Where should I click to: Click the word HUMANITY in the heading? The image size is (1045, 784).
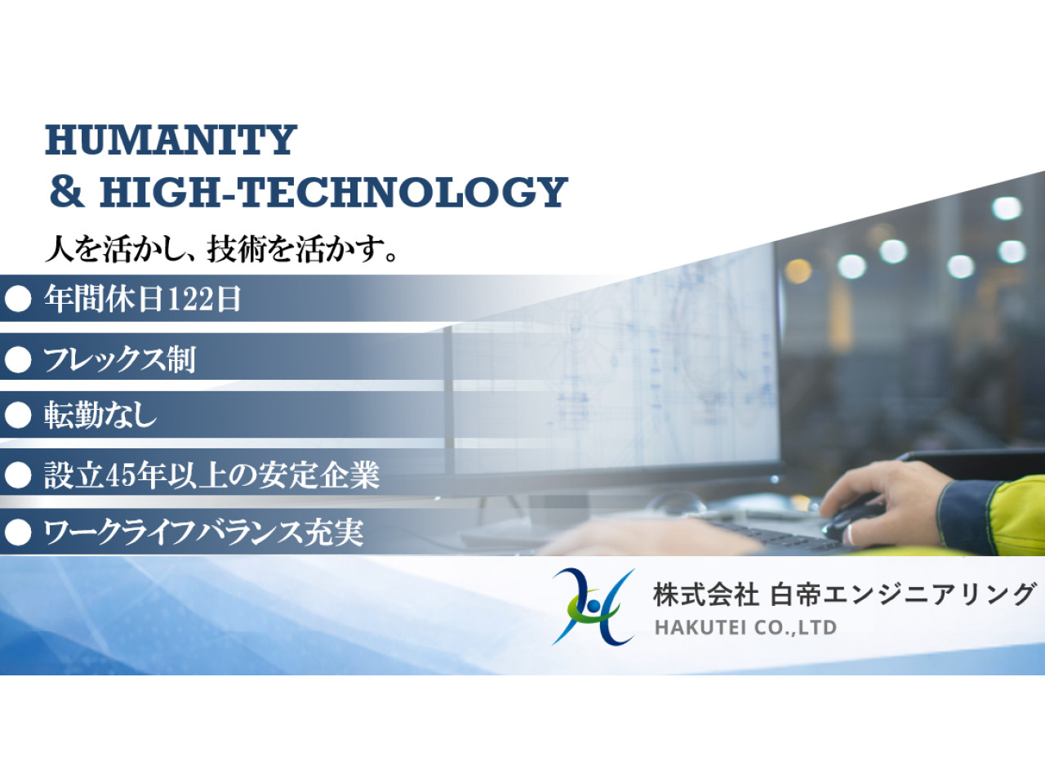tap(171, 140)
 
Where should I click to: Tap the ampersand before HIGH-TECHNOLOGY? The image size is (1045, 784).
tap(66, 191)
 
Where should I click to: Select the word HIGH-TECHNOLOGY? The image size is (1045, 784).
tap(333, 192)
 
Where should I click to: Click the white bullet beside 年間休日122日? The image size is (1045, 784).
tap(18, 299)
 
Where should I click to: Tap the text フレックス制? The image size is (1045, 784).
tap(119, 359)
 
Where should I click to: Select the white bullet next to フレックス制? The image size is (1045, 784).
tap(18, 359)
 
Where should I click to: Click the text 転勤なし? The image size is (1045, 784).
tap(100, 415)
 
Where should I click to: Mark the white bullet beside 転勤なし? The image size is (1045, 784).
tap(18, 416)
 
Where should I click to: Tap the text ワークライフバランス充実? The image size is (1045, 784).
tap(203, 532)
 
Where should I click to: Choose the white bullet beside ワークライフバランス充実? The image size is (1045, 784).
tap(18, 532)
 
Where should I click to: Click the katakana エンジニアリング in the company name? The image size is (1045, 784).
tap(930, 595)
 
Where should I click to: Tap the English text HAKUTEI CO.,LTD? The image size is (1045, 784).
tap(745, 628)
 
